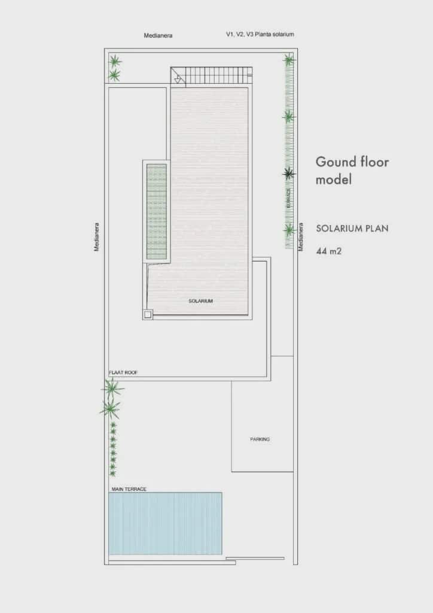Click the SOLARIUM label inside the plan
coord(200,301)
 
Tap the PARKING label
coord(260,439)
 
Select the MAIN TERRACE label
coord(129,489)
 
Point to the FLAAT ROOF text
coord(123,372)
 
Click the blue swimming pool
coord(165,523)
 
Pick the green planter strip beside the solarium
coord(157,211)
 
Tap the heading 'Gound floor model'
coord(352,170)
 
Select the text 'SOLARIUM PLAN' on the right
coord(352,228)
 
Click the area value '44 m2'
coord(329,251)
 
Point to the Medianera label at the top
coord(158,35)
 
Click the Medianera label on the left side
coord(97,237)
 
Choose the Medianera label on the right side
coord(301,237)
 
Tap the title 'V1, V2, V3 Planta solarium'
coord(260,35)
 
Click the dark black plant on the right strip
coord(289,174)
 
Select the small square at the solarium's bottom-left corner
coord(148,314)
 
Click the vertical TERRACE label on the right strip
coord(289,198)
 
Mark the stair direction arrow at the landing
coord(178,78)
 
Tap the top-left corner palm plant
coord(115,61)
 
